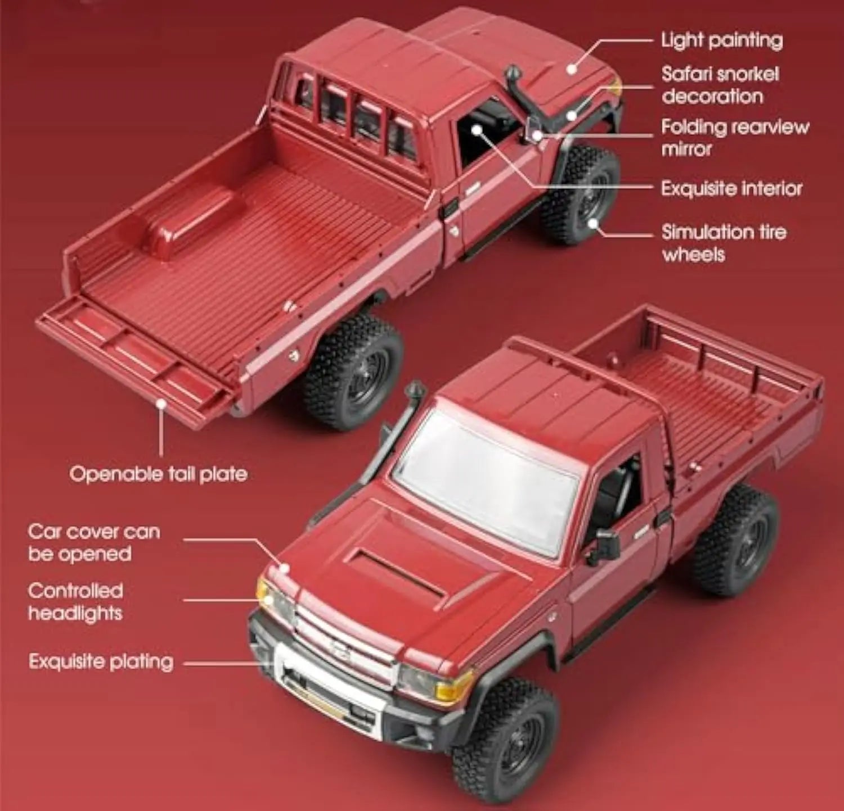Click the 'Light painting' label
pyautogui.click(x=721, y=40)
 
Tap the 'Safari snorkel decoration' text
pyautogui.click(x=720, y=85)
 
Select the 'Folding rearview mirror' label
pyautogui.click(x=734, y=138)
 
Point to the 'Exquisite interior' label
pyautogui.click(x=731, y=188)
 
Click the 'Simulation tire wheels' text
pyautogui.click(x=723, y=243)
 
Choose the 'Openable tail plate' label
pyautogui.click(x=158, y=474)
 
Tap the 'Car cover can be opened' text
pyautogui.click(x=93, y=542)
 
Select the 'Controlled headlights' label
pyautogui.click(x=75, y=601)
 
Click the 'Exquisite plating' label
pyautogui.click(x=101, y=662)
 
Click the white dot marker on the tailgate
pyautogui.click(x=161, y=403)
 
